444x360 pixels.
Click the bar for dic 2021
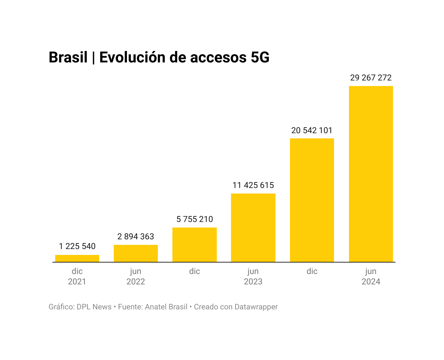click(x=77, y=258)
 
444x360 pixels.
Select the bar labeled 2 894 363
click(x=136, y=254)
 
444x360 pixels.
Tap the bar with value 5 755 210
click(x=195, y=245)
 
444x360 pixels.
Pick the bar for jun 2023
click(x=253, y=228)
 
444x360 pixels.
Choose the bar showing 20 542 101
click(x=312, y=200)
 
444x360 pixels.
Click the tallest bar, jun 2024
click(x=371, y=174)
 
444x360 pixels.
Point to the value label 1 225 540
click(x=77, y=246)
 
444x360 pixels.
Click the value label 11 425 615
click(x=253, y=185)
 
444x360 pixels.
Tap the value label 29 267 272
click(x=371, y=78)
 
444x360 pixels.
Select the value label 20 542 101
click(x=312, y=130)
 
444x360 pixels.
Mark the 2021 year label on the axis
click(x=77, y=282)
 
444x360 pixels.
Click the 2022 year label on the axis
click(x=136, y=282)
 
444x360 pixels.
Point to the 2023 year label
click(x=253, y=282)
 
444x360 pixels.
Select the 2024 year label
click(x=371, y=282)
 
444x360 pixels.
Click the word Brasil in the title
click(x=68, y=58)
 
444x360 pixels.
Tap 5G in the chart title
click(x=260, y=58)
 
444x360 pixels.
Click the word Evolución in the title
click(x=132, y=58)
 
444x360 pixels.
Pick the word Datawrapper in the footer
click(x=256, y=307)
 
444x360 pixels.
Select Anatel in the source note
click(x=156, y=307)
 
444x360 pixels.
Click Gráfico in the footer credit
click(x=61, y=307)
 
